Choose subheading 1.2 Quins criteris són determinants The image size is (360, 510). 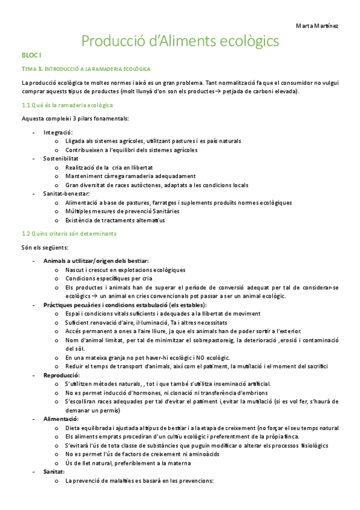click(69, 233)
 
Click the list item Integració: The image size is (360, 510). click(58, 132)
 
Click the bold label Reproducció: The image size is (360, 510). click(64, 375)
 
